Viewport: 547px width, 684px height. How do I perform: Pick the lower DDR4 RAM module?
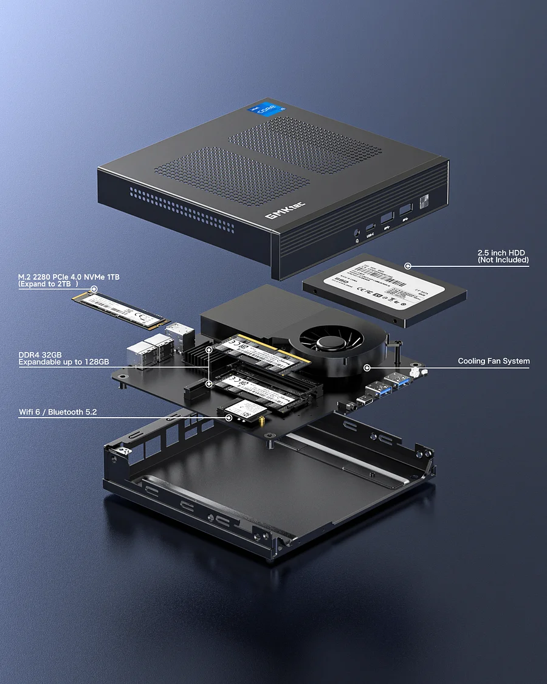click(x=267, y=390)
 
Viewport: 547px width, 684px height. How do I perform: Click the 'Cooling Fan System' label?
click(x=494, y=361)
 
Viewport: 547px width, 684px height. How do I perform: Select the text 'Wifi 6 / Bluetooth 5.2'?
click(x=58, y=412)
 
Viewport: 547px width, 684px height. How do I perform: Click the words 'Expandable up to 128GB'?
click(x=64, y=362)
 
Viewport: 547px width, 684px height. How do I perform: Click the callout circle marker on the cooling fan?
click(x=366, y=367)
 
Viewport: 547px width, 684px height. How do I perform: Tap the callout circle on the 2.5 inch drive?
click(x=408, y=266)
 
